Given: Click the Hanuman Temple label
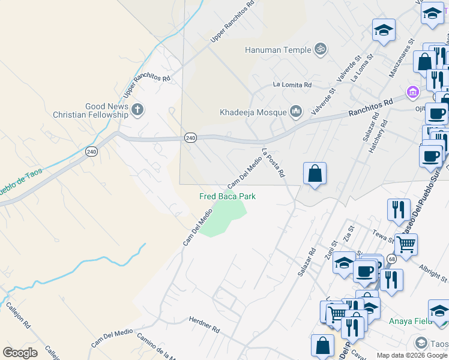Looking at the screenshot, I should (278, 50).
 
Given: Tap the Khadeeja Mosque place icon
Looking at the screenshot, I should (295, 112).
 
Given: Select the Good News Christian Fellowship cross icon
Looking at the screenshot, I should (138, 110).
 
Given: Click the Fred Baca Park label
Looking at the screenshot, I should (228, 196).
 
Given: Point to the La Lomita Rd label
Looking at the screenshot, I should (292, 85).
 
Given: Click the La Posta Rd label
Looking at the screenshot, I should (273, 163).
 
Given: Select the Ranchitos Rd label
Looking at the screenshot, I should (372, 107).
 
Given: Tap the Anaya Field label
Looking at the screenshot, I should (410, 320).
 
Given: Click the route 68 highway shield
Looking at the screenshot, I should (391, 259).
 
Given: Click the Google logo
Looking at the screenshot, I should (20, 353).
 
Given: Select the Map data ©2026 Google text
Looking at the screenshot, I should (412, 355).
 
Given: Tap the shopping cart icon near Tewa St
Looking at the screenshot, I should (406, 244).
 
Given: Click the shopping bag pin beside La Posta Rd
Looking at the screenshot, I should (315, 174).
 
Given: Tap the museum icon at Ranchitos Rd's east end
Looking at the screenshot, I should (412, 92).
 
